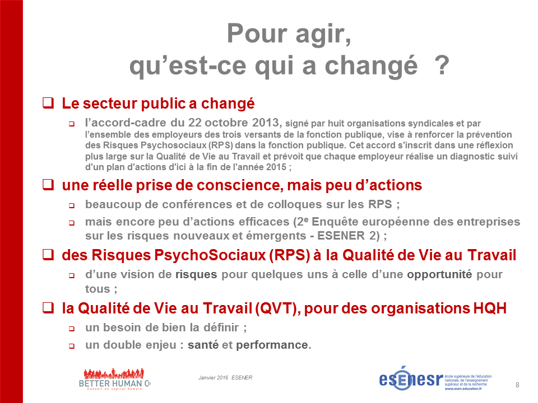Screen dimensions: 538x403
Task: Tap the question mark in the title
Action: (x=442, y=65)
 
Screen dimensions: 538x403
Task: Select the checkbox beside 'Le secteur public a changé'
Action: (x=48, y=103)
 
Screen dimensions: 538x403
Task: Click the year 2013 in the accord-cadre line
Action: (x=266, y=123)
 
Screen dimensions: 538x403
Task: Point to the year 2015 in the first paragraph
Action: (x=276, y=167)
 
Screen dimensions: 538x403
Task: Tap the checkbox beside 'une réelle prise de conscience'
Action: (x=48, y=185)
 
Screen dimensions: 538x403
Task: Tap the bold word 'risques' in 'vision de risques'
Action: (x=196, y=274)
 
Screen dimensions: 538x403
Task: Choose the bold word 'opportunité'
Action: (x=439, y=274)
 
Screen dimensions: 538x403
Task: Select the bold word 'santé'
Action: (x=203, y=345)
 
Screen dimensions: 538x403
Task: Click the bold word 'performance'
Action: (x=272, y=345)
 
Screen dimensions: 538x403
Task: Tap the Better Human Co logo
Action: (x=114, y=379)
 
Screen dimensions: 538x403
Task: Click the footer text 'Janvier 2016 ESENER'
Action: (x=225, y=378)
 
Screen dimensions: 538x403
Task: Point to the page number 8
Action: (x=517, y=385)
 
